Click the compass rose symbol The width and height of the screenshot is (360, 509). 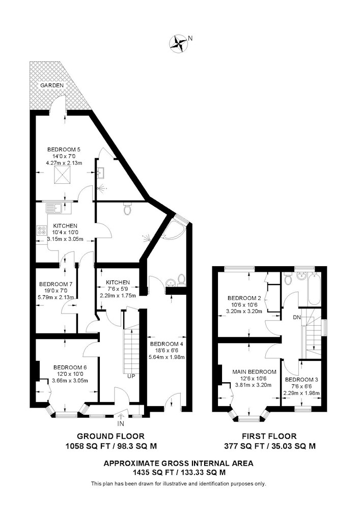(x=178, y=43)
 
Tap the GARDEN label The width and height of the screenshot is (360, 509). (x=52, y=86)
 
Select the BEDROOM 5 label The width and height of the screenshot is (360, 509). (x=64, y=150)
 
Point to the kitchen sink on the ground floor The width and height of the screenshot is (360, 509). (x=54, y=208)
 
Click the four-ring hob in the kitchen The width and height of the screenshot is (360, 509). (x=42, y=230)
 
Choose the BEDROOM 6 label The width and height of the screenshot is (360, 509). (x=70, y=367)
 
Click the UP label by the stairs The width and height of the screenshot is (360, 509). (x=131, y=377)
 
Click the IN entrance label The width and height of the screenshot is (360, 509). (x=121, y=424)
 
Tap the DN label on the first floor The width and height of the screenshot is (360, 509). (x=297, y=318)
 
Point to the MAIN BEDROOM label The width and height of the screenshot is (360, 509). (x=255, y=372)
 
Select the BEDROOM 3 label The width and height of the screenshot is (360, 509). (x=301, y=380)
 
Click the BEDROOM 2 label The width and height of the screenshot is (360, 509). (x=244, y=298)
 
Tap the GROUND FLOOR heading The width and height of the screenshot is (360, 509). (x=110, y=436)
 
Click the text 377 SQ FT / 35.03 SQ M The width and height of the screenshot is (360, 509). (x=270, y=446)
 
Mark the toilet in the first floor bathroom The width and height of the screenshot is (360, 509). (x=287, y=278)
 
